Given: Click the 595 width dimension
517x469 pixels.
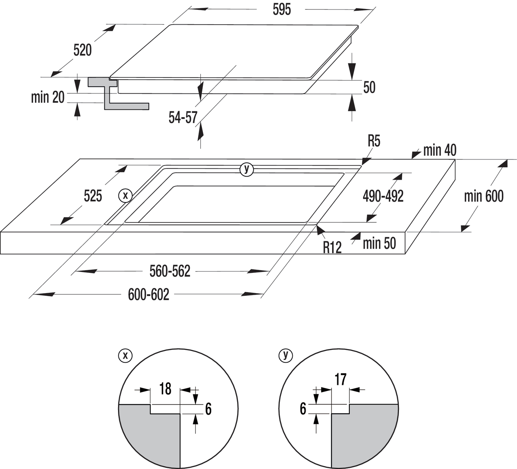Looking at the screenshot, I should pos(282,10).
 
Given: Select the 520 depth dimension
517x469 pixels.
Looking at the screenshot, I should pos(82,50).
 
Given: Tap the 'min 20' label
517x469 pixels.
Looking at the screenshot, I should pos(48,97).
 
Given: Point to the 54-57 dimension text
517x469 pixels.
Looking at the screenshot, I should pos(183,117).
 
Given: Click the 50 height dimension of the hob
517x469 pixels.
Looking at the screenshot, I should pos(369,87).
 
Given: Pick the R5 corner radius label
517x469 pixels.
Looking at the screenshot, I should pos(374,141).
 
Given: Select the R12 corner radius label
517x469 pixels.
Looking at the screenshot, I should pos(332,247).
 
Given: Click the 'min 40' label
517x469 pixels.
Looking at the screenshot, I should pos(440,150).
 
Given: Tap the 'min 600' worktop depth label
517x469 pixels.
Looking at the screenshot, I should pos(484,196).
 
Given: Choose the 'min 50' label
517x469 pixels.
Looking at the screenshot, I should pos(379,243).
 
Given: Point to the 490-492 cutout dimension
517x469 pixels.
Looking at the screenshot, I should pos(383,196).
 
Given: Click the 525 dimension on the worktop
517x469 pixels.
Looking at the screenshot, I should pos(93,196).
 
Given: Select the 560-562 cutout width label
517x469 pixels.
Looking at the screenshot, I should pos(170,271).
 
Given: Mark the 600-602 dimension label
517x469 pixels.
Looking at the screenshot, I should pos(148,294).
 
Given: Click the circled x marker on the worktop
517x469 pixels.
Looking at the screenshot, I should pos(125,195).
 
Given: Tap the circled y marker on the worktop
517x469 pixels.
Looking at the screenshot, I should pos(247,170).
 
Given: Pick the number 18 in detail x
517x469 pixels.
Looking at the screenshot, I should pos(165,389).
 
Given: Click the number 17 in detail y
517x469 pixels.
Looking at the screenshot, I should pos(340,379).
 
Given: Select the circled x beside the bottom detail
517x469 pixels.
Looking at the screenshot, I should pos(125,356).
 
